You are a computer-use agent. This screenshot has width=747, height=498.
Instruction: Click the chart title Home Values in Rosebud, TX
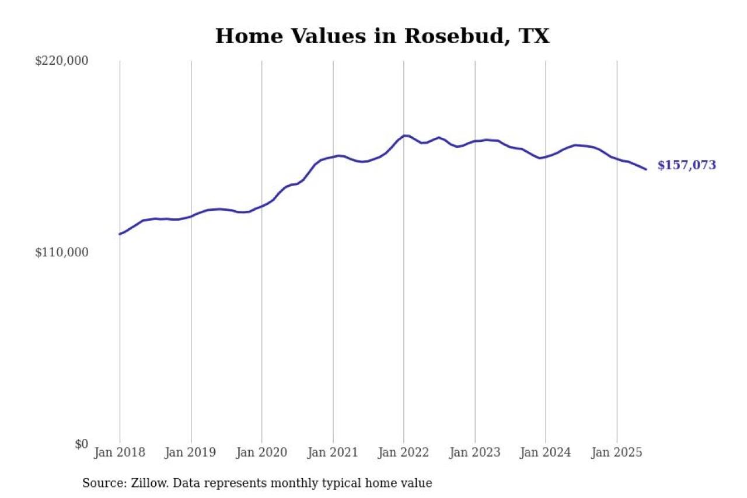pos(382,36)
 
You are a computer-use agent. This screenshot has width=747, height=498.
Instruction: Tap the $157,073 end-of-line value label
pos(686,165)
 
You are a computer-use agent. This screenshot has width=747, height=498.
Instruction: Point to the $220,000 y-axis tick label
pos(61,61)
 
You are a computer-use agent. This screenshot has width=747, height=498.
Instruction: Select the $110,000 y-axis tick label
pos(61,252)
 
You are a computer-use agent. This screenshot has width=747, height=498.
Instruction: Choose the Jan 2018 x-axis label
pos(120,452)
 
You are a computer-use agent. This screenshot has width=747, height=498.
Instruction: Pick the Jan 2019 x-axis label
pos(191,452)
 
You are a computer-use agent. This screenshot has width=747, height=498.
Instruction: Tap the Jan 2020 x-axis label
pos(262,452)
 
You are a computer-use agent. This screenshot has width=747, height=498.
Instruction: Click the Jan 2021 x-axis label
pos(333,452)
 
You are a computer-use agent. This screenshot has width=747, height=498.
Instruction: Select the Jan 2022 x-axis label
pos(404,452)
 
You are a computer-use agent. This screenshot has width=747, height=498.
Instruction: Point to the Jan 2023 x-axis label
pos(475,452)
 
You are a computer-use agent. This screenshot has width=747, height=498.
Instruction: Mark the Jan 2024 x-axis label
pos(546,452)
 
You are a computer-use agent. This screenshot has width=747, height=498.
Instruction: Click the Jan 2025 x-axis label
pos(617,452)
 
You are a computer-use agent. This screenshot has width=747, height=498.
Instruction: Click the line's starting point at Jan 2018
pos(120,234)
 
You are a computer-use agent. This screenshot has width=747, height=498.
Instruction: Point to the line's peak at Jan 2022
pos(405,135)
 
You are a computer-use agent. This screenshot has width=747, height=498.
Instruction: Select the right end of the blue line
pos(646,169)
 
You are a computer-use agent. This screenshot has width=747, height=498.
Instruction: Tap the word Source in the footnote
pos(102,483)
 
